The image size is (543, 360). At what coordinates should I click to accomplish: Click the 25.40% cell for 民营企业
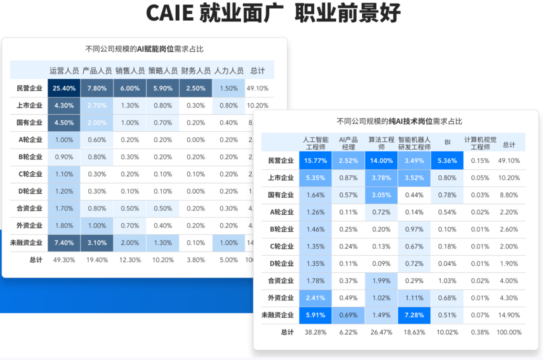64,88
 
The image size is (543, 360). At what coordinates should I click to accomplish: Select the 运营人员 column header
64,71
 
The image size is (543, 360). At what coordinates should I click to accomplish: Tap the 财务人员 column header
196,71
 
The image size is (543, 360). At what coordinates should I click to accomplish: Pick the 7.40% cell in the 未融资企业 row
64,243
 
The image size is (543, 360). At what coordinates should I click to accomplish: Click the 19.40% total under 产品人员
97,260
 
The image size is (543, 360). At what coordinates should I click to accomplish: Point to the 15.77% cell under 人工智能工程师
315,161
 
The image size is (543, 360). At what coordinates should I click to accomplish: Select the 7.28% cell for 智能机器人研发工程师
414,315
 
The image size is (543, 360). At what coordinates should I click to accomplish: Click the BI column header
447,142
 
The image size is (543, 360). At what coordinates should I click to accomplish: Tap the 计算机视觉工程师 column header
480,143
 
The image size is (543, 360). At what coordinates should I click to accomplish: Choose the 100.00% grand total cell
509,332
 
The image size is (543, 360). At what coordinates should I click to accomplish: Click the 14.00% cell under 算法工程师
381,161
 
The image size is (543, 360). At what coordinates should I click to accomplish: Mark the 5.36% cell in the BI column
447,161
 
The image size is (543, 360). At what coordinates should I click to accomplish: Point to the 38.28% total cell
315,332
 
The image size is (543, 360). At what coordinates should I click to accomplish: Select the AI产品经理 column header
348,143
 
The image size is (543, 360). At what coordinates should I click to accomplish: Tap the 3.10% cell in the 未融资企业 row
97,243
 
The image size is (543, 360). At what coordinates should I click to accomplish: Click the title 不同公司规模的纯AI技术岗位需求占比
399,121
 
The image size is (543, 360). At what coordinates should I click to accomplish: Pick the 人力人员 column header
229,71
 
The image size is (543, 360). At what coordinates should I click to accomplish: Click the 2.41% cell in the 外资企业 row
315,298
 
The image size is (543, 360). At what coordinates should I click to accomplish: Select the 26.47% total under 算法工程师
381,332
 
